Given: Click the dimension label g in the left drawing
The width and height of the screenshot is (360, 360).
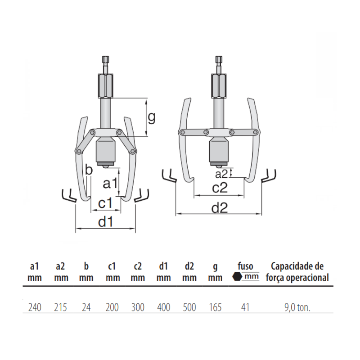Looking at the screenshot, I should tap(152, 117).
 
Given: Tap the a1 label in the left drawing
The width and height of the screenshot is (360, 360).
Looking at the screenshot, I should tap(110, 183).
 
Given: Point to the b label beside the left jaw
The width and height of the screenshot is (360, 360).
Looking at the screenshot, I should tap(89, 170).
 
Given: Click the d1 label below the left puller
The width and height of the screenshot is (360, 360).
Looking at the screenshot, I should tap(105, 221).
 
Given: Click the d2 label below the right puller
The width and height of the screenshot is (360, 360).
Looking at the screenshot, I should tap(220, 207).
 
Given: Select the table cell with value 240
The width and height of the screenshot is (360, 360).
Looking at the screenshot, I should tap(35, 308).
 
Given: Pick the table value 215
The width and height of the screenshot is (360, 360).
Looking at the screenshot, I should tap(61, 308).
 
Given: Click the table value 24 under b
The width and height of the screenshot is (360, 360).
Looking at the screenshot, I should tap(86, 308).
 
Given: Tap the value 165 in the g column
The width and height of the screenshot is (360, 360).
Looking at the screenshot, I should tap(216, 308).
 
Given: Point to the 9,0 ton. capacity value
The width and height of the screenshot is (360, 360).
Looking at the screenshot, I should tap(297, 308).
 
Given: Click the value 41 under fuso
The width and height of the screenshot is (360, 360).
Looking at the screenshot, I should tap(246, 308).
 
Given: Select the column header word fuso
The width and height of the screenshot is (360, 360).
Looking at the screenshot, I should tap(246, 266).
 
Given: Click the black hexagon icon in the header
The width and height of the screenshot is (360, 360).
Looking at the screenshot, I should tap(237, 277).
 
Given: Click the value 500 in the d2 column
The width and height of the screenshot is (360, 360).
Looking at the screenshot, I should tap(189, 308).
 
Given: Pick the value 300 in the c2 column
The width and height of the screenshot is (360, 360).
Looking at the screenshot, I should tap(138, 308).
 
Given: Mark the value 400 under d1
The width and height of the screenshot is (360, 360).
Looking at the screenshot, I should tap(164, 308).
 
